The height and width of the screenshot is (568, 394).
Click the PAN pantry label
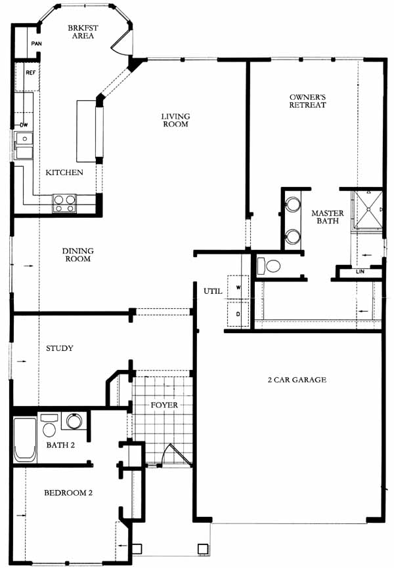click(x=36, y=44)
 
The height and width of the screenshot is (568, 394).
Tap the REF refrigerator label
click(x=31, y=72)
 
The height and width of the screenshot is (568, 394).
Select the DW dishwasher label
click(x=24, y=125)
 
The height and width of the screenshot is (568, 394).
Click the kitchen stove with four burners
click(x=64, y=203)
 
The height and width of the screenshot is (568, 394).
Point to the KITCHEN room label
click(x=64, y=172)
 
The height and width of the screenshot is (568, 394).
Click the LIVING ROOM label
click(x=175, y=120)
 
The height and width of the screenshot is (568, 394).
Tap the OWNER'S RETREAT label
click(x=308, y=101)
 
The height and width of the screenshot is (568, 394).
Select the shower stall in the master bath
click(x=368, y=210)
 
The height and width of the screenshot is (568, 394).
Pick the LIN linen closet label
click(x=361, y=272)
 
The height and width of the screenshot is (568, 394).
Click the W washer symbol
click(x=238, y=287)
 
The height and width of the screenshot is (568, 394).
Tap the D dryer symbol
click(x=238, y=314)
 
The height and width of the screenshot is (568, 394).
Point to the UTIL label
click(x=213, y=291)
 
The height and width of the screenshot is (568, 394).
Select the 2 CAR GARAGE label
click(x=297, y=380)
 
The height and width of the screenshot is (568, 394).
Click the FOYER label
click(x=164, y=405)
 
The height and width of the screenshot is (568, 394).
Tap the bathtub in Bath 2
click(x=25, y=439)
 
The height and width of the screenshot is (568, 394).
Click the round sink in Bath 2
click(x=74, y=421)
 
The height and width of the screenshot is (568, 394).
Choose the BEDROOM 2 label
click(x=68, y=493)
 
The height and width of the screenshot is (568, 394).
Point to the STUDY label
click(x=60, y=348)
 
